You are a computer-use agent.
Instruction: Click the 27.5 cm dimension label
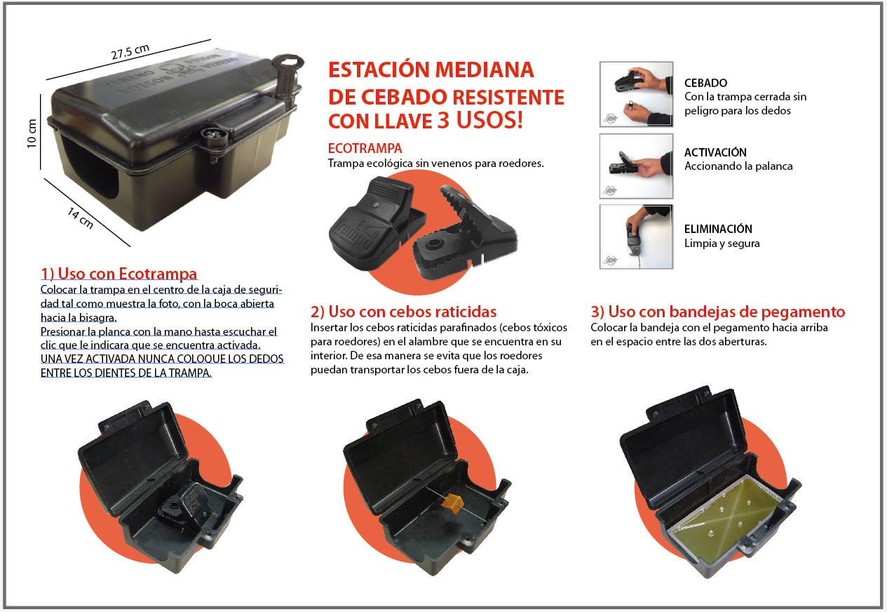tap(130, 51)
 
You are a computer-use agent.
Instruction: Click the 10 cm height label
tap(32, 133)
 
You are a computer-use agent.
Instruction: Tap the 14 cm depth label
tap(81, 218)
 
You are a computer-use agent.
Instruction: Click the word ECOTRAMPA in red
tap(365, 148)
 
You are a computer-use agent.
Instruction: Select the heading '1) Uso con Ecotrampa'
tap(119, 274)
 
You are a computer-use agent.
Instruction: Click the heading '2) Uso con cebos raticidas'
tap(403, 312)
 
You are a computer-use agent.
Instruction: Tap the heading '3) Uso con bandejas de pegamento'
tap(717, 312)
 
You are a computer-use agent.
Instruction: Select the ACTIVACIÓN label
tap(715, 152)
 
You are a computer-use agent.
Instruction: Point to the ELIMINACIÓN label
tap(718, 229)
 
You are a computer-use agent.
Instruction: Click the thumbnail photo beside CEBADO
tap(637, 94)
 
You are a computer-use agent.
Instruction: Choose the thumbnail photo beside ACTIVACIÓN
tap(637, 166)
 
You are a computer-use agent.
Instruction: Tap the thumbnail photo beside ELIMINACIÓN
tap(637, 237)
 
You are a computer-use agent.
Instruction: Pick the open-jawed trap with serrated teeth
tap(463, 233)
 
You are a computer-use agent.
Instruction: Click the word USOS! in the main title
tap(489, 120)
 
